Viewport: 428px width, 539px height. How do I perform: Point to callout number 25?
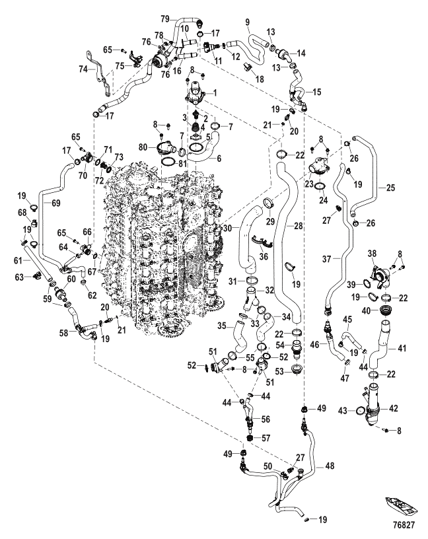tap(391, 188)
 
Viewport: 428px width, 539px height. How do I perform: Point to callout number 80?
tap(144, 148)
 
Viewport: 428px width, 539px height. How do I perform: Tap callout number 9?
tap(248, 22)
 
